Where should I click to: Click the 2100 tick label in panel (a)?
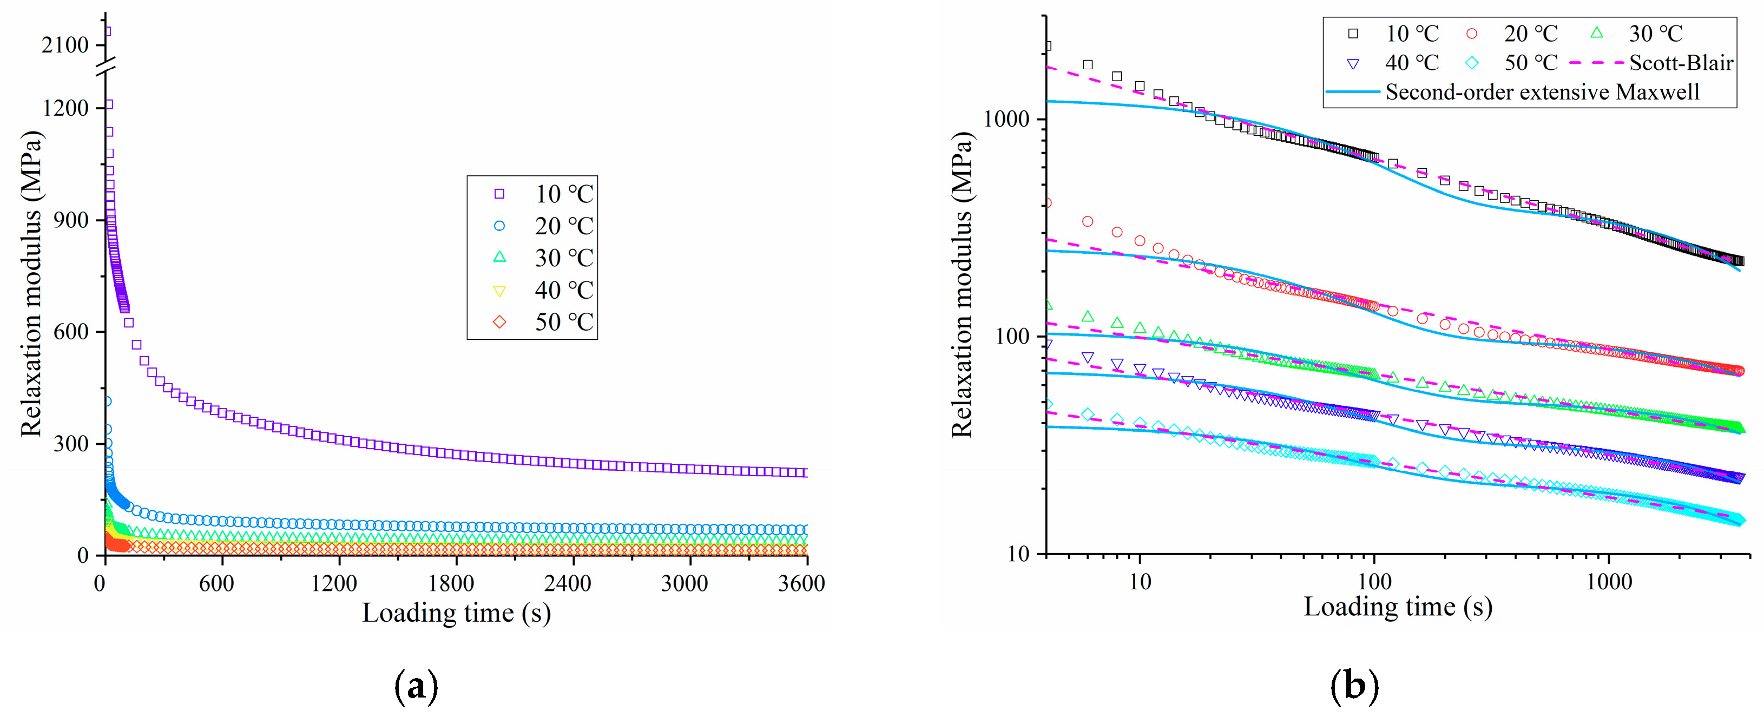point(65,45)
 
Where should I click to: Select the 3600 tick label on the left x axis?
point(801,583)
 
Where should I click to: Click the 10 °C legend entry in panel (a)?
point(544,194)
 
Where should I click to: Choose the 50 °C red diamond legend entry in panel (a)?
point(544,322)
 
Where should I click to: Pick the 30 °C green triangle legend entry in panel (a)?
point(544,258)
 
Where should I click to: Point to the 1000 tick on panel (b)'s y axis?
point(1006,119)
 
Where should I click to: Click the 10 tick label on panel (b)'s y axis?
point(1018,554)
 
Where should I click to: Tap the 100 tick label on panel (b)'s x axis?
point(1374,582)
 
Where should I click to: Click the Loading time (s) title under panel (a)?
point(456,612)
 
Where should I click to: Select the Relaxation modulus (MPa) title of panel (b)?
point(962,284)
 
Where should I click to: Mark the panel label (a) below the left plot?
point(416,686)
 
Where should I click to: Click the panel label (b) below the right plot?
point(1354,686)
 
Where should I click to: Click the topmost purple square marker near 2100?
point(107,31)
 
